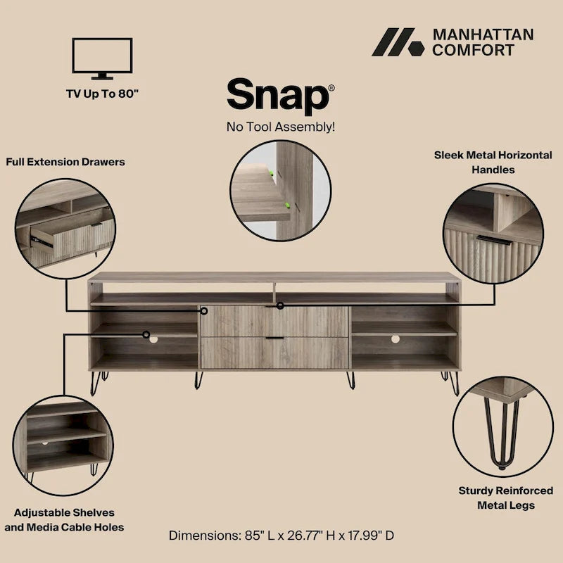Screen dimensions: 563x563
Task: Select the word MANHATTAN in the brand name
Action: pyautogui.click(x=483, y=34)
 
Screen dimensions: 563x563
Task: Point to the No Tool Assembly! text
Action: pyautogui.click(x=280, y=127)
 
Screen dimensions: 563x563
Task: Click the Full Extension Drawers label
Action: pyautogui.click(x=65, y=162)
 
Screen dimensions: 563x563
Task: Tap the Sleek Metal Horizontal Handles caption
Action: pyautogui.click(x=493, y=162)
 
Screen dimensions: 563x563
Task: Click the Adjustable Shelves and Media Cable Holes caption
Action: pyautogui.click(x=64, y=519)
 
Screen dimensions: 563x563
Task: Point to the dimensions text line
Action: pyautogui.click(x=281, y=535)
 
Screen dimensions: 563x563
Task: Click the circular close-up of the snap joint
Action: pyautogui.click(x=281, y=190)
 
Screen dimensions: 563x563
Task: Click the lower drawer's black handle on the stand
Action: pyautogui.click(x=274, y=339)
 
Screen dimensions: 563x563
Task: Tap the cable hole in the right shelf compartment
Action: pyautogui.click(x=395, y=339)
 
